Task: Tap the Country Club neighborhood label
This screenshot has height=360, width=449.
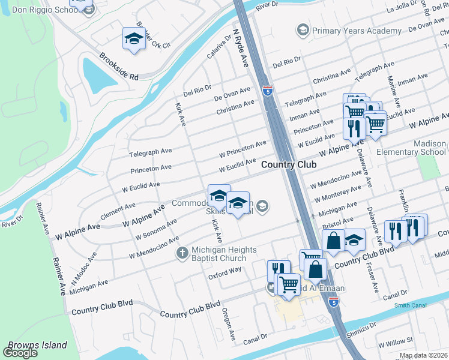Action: coord(289,164)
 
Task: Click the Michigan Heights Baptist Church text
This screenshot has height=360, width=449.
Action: coord(224,253)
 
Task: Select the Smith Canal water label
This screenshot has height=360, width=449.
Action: coord(409,305)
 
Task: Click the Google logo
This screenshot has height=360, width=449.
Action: coord(20,353)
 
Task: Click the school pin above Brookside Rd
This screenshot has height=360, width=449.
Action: coord(133,38)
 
